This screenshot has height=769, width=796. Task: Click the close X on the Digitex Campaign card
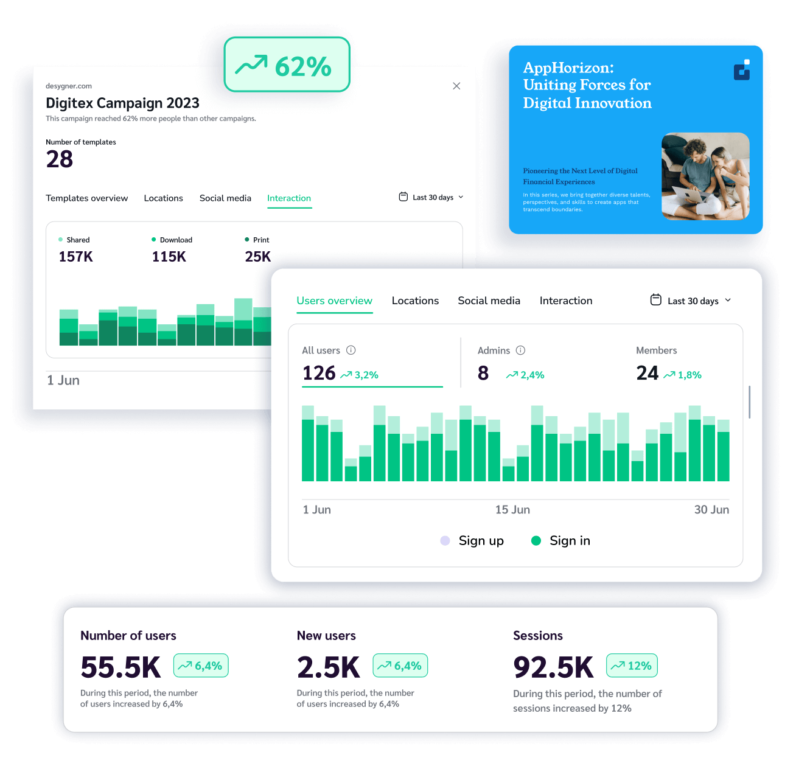click(x=456, y=86)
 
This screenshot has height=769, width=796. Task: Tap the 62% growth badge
click(x=287, y=65)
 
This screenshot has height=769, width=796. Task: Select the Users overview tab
click(x=334, y=301)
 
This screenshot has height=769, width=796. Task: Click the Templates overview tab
click(x=87, y=198)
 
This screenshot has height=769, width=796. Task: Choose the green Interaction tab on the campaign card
click(x=289, y=198)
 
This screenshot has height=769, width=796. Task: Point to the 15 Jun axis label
click(x=512, y=510)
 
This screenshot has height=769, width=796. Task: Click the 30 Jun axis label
click(x=711, y=510)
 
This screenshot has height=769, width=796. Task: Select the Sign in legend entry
click(x=561, y=541)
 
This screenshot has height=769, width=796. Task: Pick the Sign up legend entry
click(x=472, y=541)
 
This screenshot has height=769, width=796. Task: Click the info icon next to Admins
click(x=520, y=350)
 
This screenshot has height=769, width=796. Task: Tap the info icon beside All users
click(x=351, y=350)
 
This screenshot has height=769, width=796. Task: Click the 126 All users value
click(x=319, y=373)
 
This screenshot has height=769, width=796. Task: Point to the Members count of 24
click(x=647, y=373)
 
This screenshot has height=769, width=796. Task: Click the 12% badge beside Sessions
click(x=632, y=666)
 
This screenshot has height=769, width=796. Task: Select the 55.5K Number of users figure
click(x=120, y=667)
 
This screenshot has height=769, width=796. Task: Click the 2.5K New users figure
click(x=329, y=667)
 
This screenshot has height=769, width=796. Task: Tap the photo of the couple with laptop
click(x=705, y=176)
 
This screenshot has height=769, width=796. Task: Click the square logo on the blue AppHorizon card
click(x=742, y=70)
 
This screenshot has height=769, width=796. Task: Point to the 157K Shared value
click(x=76, y=257)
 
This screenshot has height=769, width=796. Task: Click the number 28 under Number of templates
click(x=60, y=159)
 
